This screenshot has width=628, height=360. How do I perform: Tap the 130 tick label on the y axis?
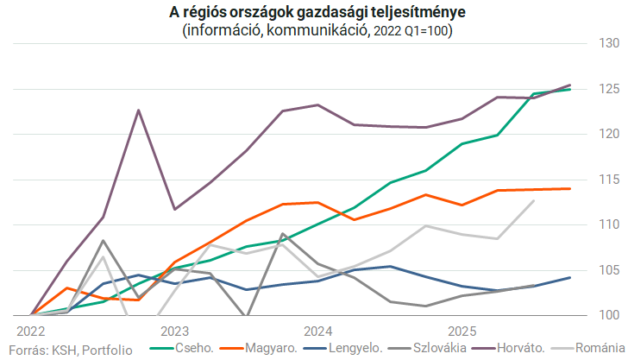[x=609, y=43]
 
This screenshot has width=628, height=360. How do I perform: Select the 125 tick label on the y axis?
[x=609, y=89]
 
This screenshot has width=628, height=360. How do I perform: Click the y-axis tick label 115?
[x=609, y=180]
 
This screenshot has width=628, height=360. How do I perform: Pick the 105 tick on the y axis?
[x=609, y=270]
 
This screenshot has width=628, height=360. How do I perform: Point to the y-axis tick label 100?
[x=609, y=315]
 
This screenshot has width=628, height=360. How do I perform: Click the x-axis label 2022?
[x=30, y=331]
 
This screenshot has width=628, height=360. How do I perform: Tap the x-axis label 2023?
[x=174, y=331]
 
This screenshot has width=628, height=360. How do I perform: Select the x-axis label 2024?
[x=318, y=331]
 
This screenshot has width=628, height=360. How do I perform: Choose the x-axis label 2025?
[x=462, y=331]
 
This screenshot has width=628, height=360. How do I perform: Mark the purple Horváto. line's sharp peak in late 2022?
[x=138, y=110]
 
